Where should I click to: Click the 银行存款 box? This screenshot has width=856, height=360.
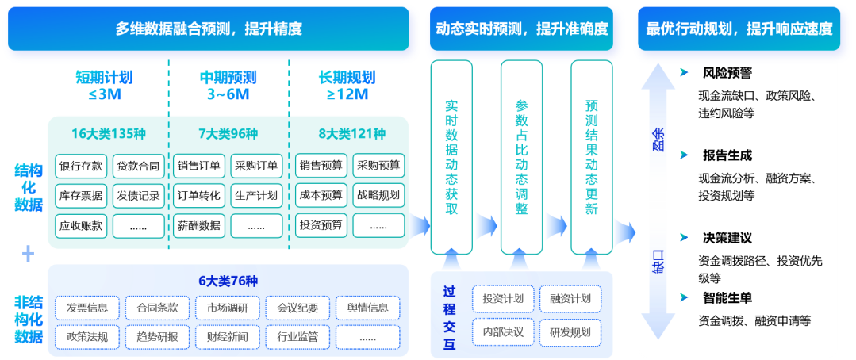click(80, 166)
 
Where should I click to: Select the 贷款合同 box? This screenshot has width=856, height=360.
click(139, 166)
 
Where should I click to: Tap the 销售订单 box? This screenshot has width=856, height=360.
click(198, 166)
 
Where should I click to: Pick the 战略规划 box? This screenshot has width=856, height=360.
click(378, 195)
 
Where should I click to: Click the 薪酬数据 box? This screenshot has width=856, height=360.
click(198, 225)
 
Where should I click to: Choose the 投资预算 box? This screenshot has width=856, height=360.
click(321, 225)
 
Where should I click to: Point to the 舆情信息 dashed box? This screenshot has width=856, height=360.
click(367, 308)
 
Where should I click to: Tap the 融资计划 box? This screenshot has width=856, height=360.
click(570, 299)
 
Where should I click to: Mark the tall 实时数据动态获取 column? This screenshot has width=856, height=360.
click(451, 157)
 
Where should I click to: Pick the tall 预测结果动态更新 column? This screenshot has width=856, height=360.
click(591, 157)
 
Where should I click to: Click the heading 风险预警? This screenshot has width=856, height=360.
click(727, 73)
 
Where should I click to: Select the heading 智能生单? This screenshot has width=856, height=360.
click(727, 298)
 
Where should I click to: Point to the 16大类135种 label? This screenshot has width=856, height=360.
click(109, 133)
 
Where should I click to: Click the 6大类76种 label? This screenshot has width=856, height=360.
click(228, 281)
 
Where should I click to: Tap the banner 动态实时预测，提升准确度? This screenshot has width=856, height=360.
click(522, 29)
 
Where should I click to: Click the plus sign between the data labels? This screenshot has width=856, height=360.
click(29, 254)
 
